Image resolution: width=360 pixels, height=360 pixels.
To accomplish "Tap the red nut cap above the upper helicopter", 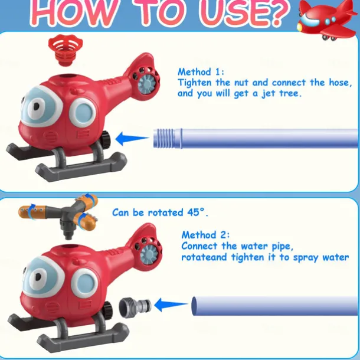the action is (66, 50).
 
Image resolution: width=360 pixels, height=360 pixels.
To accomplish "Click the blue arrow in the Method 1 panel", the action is (132, 139).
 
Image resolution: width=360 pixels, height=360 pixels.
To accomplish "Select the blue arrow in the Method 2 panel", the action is (171, 305).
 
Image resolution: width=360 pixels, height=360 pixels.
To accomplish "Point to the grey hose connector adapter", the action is (135, 306).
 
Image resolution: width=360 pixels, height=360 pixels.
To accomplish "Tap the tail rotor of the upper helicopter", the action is (147, 81).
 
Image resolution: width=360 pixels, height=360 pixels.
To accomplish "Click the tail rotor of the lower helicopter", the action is (149, 252).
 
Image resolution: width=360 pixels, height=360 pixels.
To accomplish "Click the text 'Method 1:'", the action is (201, 72).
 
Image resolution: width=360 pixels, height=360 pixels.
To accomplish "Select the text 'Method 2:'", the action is (205, 235).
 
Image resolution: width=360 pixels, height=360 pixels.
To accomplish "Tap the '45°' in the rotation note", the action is (196, 212).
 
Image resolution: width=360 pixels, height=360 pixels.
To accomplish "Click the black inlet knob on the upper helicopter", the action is (106, 139).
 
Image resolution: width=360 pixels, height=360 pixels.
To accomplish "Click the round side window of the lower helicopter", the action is (85, 283).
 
